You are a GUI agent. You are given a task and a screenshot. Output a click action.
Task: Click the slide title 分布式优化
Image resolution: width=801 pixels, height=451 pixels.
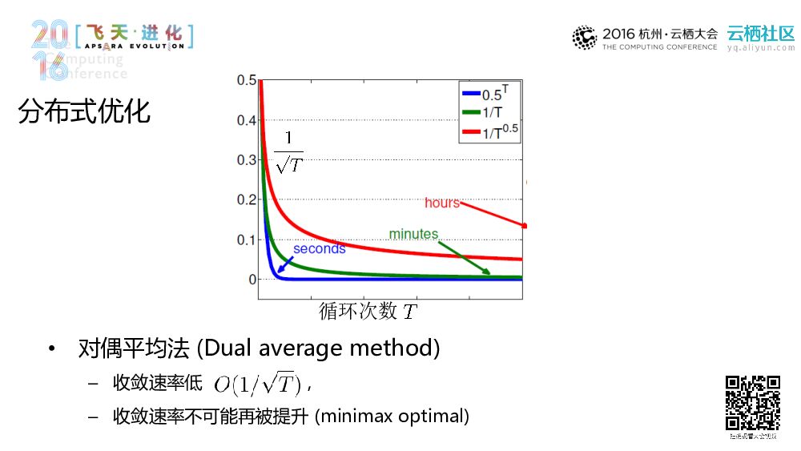(84, 111)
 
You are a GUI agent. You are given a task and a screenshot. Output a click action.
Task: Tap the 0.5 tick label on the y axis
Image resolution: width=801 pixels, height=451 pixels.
(246, 81)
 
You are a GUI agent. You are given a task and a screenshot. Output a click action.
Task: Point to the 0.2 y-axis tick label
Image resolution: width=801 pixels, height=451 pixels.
(246, 200)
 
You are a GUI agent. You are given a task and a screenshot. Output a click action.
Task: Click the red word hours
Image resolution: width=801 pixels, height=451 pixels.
(442, 203)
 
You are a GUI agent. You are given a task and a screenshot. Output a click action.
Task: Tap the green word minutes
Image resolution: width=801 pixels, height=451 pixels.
(413, 235)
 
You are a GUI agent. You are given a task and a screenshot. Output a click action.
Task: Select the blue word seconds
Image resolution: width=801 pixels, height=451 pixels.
(319, 249)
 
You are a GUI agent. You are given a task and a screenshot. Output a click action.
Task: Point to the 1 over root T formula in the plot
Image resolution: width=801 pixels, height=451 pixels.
(288, 152)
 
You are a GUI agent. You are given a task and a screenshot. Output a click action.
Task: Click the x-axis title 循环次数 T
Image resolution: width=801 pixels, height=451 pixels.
(368, 311)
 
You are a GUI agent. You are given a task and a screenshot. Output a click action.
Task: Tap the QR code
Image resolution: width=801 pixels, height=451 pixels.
(753, 403)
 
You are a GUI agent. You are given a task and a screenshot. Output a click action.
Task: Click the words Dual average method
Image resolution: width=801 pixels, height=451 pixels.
(319, 349)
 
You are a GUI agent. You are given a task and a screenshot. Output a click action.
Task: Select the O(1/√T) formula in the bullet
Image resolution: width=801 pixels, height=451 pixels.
(257, 385)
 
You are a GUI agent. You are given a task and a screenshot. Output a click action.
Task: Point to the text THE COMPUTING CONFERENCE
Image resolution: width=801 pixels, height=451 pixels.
(659, 47)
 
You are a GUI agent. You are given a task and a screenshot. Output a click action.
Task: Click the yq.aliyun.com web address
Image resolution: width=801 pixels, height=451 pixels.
(760, 47)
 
